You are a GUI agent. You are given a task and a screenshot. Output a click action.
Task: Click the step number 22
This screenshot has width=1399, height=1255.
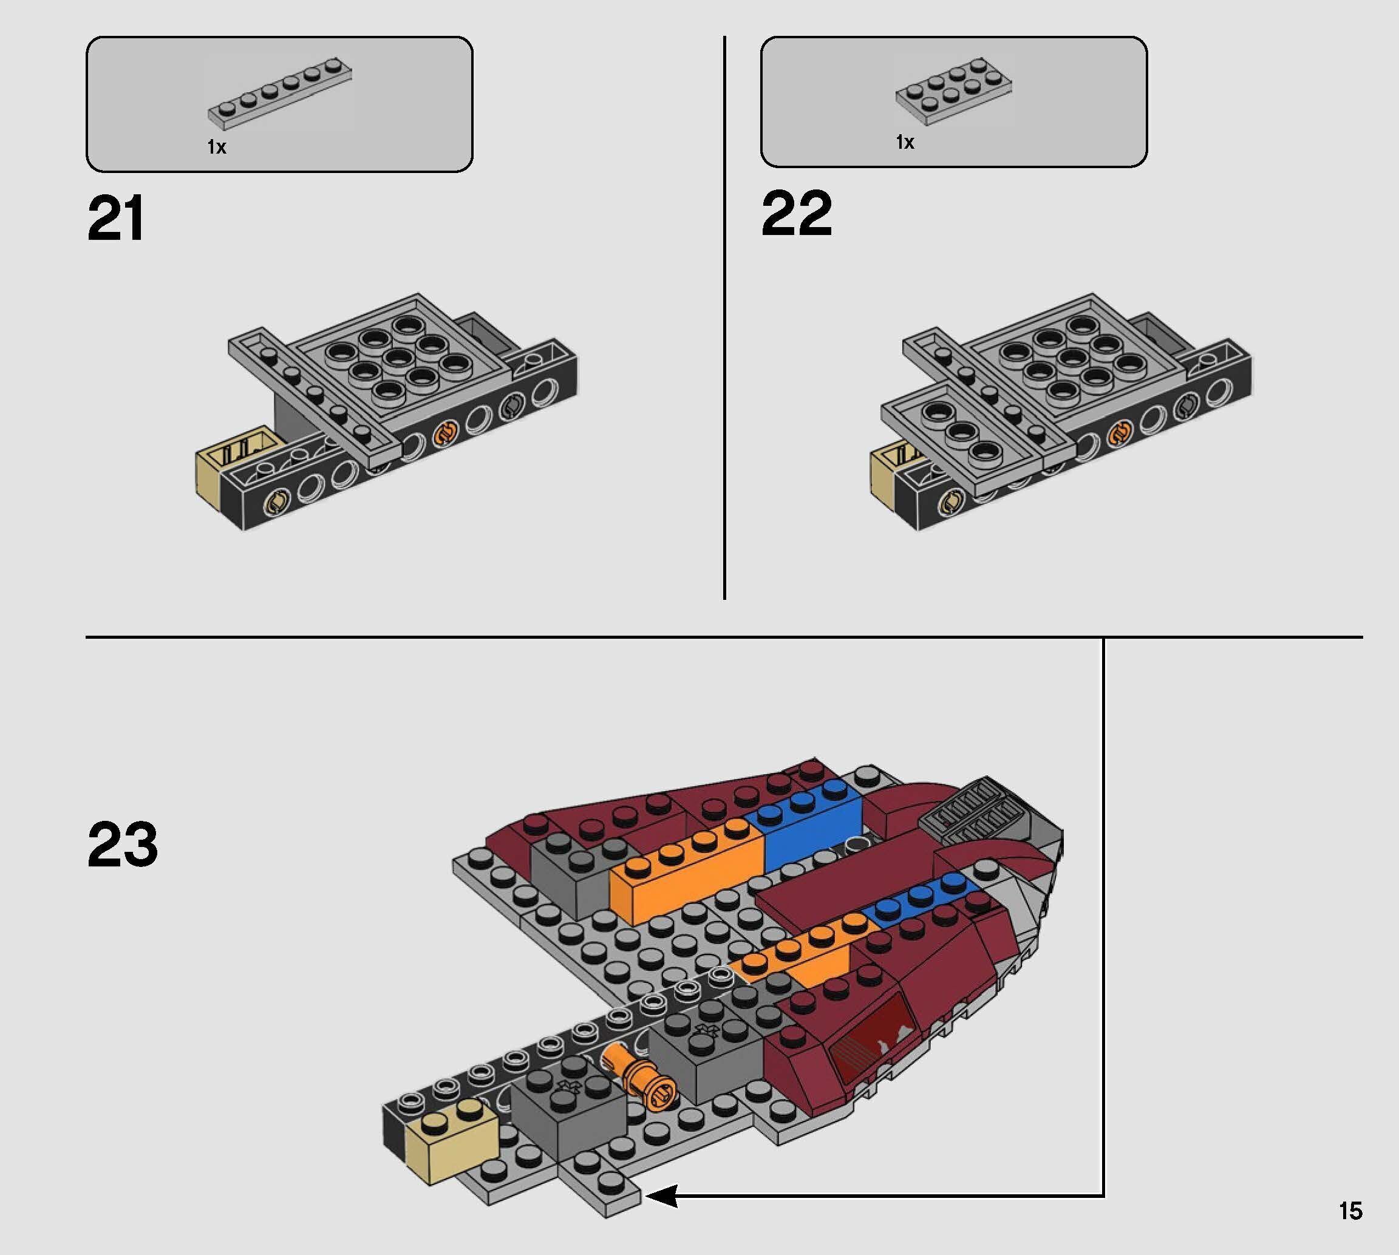pos(797,214)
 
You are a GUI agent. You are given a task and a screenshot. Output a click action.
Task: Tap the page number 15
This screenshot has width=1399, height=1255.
pos(1350,1211)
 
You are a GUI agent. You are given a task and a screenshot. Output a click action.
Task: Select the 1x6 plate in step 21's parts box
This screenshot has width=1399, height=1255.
pos(280,94)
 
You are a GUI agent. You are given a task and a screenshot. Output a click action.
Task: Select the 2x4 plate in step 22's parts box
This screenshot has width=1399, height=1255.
pos(953,91)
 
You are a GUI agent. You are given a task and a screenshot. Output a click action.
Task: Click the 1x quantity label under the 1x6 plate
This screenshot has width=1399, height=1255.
pos(217,147)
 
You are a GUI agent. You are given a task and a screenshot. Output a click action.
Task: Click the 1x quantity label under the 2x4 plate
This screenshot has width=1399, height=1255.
pos(905,142)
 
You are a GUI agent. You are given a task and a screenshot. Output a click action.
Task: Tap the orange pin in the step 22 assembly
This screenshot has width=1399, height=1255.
pos(1118,433)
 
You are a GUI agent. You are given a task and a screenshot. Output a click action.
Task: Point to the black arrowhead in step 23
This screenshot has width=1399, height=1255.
pos(661,1196)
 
